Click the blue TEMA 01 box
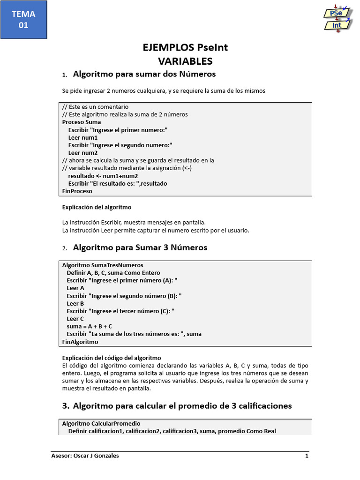tap(23, 20)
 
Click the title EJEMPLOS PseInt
tap(185, 48)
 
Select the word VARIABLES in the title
tap(185, 61)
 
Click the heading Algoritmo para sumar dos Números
tap(144, 74)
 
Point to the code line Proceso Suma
tap(82, 122)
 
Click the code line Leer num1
tap(83, 138)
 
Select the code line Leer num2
tap(83, 153)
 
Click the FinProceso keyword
tap(77, 191)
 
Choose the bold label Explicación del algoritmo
tap(97, 207)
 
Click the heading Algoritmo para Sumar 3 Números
tap(140, 247)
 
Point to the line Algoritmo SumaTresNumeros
tap(103, 265)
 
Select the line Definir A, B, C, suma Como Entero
tap(113, 273)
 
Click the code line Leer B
tap(75, 303)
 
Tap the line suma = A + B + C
tap(89, 326)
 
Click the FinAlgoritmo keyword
tap(80, 342)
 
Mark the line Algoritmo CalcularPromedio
tap(101, 423)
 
